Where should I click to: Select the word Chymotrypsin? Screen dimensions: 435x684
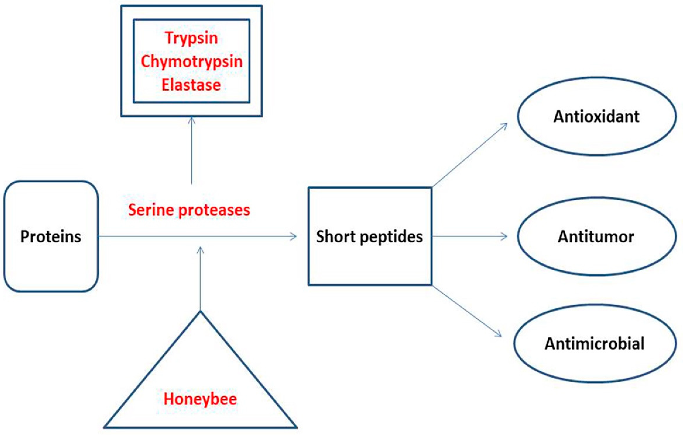coord(192,62)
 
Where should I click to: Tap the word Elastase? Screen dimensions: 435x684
coord(191,85)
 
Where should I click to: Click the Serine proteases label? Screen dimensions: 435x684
coord(189,210)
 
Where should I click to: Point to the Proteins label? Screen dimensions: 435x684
coord(51,236)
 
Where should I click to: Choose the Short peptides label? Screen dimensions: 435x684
coord(369,236)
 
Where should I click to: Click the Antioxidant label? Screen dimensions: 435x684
coord(596,116)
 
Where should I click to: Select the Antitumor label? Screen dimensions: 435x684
coord(596,237)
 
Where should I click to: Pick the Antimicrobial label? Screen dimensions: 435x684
coord(595,343)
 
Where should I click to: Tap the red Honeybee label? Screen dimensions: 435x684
coord(200,399)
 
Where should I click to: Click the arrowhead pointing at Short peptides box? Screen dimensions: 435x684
coord(294,236)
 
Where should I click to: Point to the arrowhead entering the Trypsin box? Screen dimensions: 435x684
coord(192,120)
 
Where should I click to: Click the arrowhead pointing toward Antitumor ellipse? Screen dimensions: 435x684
coord(505,236)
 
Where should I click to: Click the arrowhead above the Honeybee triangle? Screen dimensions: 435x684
coord(200,249)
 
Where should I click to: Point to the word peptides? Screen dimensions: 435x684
coord(391,237)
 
